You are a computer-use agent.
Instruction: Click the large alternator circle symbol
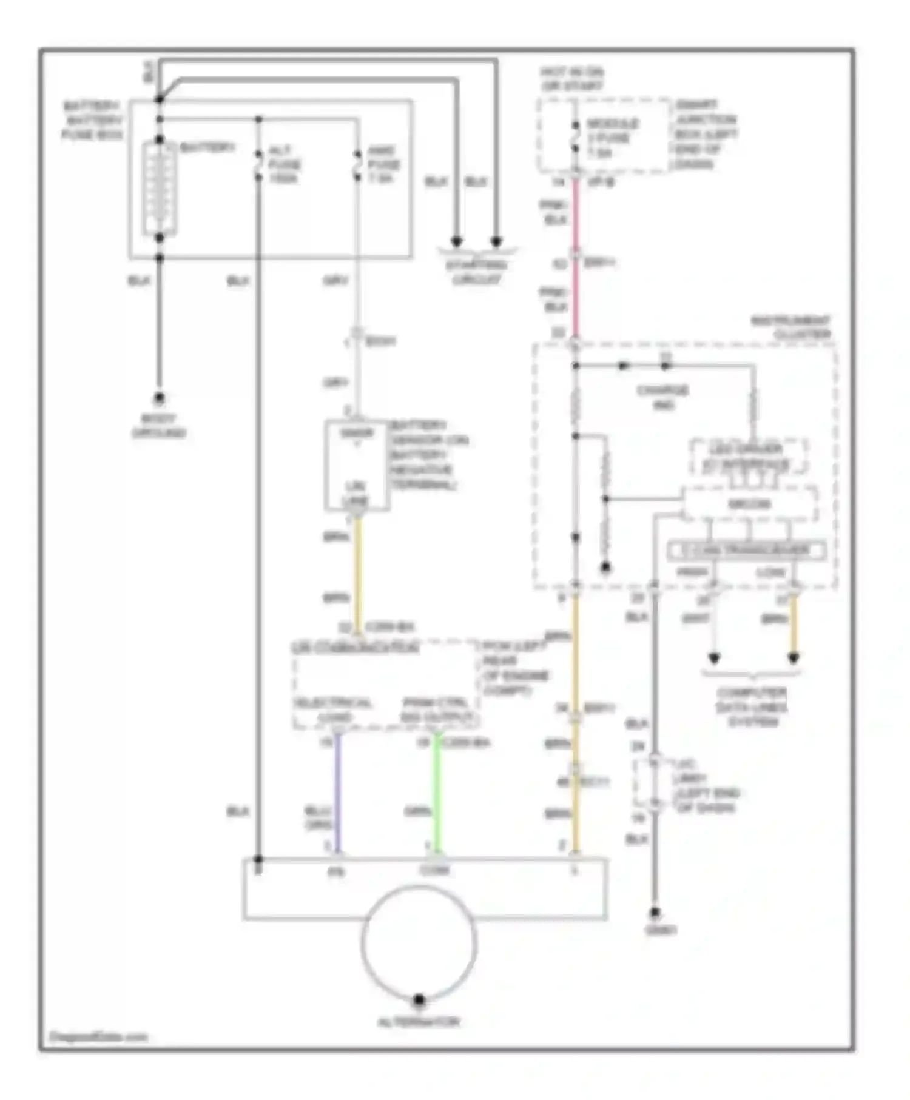(x=419, y=942)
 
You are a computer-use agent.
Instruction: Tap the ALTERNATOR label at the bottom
(x=419, y=1022)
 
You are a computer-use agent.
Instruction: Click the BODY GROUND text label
(x=159, y=426)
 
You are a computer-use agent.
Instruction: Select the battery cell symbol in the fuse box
(x=160, y=189)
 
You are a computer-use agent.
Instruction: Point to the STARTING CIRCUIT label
(x=477, y=272)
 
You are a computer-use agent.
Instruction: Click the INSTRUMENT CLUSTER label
(x=792, y=327)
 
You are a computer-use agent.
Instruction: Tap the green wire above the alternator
(x=436, y=794)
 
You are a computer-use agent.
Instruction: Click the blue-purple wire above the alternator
(x=338, y=794)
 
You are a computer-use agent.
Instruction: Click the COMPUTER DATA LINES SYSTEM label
(x=752, y=706)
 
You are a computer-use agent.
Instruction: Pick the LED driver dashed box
(x=749, y=457)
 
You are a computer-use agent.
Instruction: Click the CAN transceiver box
(x=747, y=551)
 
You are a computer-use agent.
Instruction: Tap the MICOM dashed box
(x=749, y=504)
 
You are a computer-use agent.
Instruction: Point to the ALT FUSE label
(x=284, y=164)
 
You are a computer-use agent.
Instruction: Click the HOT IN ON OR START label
(x=572, y=79)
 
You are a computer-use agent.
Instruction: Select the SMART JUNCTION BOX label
(x=706, y=134)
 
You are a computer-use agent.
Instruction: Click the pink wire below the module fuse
(x=575, y=218)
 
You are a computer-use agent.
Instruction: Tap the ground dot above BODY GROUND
(x=159, y=398)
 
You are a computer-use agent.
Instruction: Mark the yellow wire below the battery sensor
(x=357, y=570)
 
